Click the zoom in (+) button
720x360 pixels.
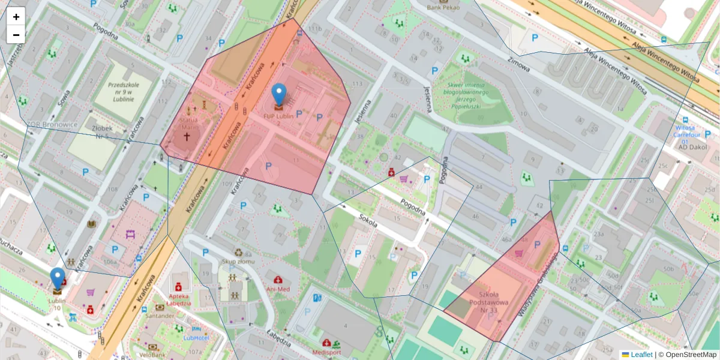pos(16,16)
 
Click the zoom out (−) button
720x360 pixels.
pos(16,35)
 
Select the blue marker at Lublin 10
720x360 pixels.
pos(58,280)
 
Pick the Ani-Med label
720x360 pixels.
pos(278,289)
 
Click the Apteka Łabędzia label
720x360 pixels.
pos(178,299)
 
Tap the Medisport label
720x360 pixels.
pos(326,352)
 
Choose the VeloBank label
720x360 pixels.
pos(152,355)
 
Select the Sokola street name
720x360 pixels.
pos(368,223)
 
